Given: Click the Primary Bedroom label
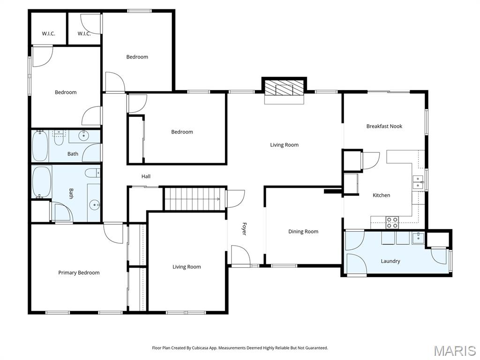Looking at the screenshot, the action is coord(79,273).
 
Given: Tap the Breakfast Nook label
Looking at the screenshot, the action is coord(384,126).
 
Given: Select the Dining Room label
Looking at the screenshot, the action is coord(303,232).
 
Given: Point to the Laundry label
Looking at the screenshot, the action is coord(390,261).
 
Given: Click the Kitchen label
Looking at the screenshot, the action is coord(381,195).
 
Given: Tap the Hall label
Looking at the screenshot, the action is coord(146,176).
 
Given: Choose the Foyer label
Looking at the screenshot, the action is coord(244,229).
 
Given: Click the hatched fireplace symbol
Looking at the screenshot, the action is coord(284,88).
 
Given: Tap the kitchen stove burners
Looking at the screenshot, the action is coord(392,222).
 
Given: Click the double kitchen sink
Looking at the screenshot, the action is coord(418,182).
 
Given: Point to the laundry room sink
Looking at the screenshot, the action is coord(418,237).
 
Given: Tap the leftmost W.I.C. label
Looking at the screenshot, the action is coord(48,34).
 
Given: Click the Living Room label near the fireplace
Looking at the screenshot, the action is coord(284,145).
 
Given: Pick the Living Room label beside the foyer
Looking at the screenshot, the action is coord(187,267).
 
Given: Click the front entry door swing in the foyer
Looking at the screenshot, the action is coord(240,255).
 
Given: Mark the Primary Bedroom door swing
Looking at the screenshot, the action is coord(113,234).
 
